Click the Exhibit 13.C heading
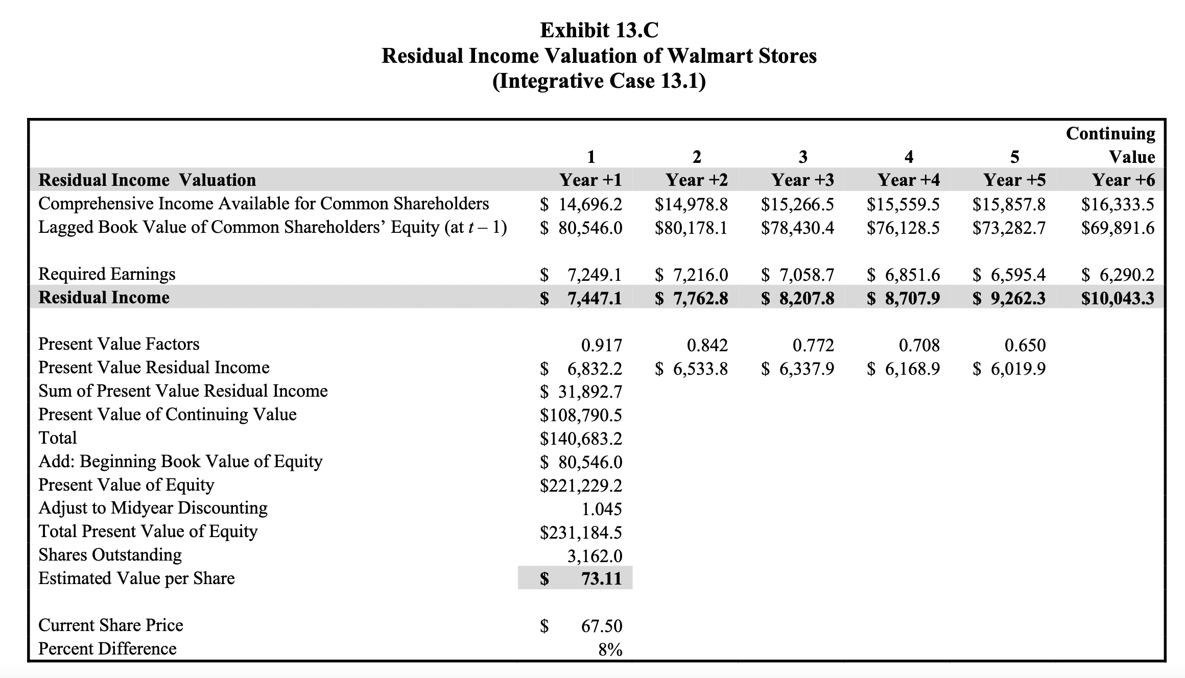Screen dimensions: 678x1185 (599, 31)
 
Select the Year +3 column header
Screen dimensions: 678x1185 (802, 180)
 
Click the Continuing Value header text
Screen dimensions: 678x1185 (1110, 145)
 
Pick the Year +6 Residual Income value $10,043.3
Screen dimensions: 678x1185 (1118, 298)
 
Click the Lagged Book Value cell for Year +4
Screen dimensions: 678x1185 (903, 228)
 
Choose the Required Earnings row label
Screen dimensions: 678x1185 (107, 274)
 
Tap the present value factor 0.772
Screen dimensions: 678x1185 (813, 346)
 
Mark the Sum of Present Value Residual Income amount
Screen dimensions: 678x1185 (581, 392)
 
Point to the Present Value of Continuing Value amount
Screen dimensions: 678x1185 (581, 416)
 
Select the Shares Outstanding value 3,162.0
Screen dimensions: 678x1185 (595, 556)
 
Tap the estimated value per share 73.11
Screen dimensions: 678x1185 (601, 578)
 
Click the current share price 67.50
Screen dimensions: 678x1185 (601, 626)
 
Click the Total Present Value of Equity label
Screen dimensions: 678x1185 (148, 531)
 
